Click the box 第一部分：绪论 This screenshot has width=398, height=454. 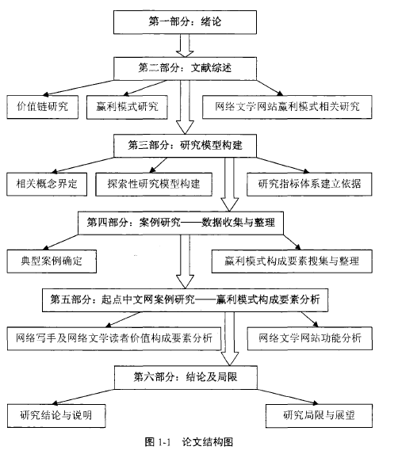tap(185, 22)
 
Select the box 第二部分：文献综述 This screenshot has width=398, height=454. tap(185, 69)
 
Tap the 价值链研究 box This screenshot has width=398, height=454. tap(43, 107)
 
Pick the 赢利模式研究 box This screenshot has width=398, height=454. tap(127, 107)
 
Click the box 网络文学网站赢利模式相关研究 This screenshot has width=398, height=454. tap(287, 107)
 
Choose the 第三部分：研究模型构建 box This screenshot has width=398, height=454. tap(185, 146)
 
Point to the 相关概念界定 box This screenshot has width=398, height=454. tap(47, 184)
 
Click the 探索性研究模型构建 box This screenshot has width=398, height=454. tap(154, 184)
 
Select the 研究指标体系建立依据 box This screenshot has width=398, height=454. tap(309, 184)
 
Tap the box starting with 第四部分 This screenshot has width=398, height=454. tap(181, 223)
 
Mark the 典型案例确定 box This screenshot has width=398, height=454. tap(52, 261)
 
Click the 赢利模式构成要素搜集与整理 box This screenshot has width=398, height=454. tap(292, 261)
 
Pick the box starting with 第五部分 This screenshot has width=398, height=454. tap(185, 300)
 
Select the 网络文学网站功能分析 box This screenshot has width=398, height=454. tap(310, 338)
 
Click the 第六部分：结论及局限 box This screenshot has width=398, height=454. tap(186, 377)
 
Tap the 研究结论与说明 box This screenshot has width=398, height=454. tap(56, 416)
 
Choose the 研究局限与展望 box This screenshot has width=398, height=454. tap(319, 416)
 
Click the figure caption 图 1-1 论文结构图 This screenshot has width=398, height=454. tap(189, 442)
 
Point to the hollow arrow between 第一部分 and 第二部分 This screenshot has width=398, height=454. tap(185, 45)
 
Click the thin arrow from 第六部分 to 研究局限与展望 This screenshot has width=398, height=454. tap(288, 397)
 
